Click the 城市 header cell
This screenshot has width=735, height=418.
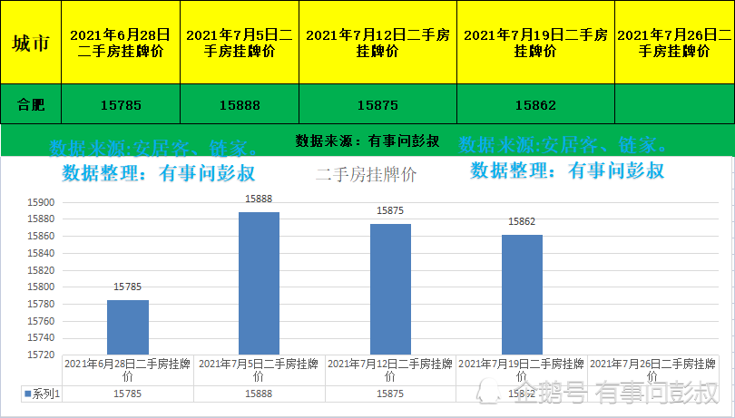tap(31, 43)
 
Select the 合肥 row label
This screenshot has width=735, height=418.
tap(31, 104)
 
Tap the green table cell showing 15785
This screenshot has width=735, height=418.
tap(121, 104)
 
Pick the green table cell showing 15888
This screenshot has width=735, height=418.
tap(240, 104)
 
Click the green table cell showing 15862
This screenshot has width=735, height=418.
tap(535, 104)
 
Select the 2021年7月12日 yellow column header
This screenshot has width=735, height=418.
tap(377, 43)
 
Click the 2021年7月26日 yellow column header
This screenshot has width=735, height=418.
tap(674, 43)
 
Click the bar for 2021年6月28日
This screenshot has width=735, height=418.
tap(128, 327)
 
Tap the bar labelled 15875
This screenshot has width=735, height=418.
tap(390, 288)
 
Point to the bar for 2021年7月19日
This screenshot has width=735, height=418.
tap(522, 295)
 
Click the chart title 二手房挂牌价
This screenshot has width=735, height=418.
tap(367, 176)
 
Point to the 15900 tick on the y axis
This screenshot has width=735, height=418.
tap(43, 203)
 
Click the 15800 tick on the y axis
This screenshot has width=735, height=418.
tap(43, 287)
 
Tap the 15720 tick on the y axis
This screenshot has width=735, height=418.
tap(43, 355)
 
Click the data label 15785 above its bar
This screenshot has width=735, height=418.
tap(128, 287)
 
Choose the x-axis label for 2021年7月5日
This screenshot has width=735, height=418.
tap(259, 369)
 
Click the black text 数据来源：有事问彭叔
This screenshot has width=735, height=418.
tap(367, 141)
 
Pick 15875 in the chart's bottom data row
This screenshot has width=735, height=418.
tap(390, 394)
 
